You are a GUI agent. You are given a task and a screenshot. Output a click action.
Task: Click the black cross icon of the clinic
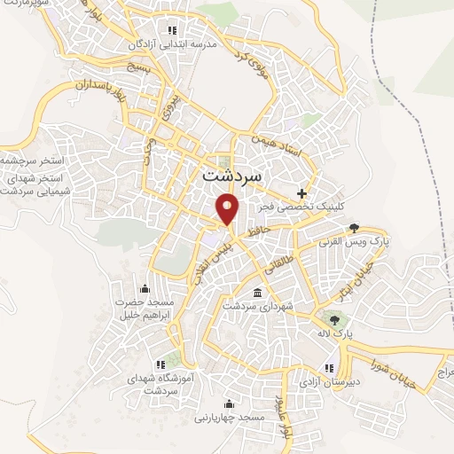click(x=302, y=192)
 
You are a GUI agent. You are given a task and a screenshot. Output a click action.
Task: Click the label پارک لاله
click(x=334, y=333)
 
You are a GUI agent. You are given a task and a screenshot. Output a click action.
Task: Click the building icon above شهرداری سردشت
click(x=257, y=294)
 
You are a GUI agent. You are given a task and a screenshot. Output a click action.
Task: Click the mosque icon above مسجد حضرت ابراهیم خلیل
click(x=144, y=287)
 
